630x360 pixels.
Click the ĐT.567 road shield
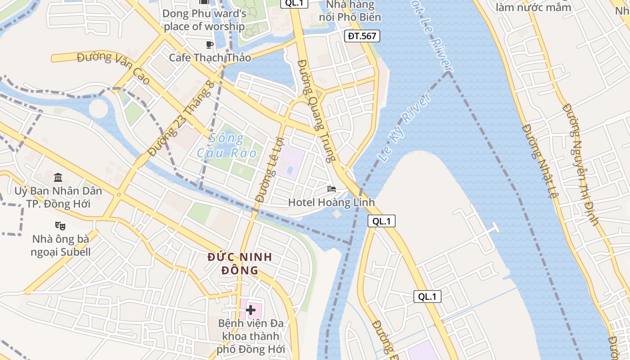pos(362,36)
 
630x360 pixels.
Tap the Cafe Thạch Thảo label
pos(210,58)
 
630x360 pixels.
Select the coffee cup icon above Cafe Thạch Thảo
pos(209,44)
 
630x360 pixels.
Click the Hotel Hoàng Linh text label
pos(331,202)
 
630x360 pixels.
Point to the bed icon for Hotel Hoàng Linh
pos(332,189)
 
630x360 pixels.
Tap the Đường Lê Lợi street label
pos(268,168)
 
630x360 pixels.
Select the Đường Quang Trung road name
pos(317,111)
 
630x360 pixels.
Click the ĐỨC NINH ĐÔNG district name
pos(239,264)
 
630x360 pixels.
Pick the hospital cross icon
pos(251,310)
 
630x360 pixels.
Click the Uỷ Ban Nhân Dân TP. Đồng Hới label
pos(58,197)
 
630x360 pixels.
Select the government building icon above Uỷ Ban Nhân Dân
pos(58,177)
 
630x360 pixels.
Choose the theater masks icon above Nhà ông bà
pos(60,225)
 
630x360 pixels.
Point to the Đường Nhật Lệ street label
pos(540,162)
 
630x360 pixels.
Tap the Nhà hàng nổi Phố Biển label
pos(350,11)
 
